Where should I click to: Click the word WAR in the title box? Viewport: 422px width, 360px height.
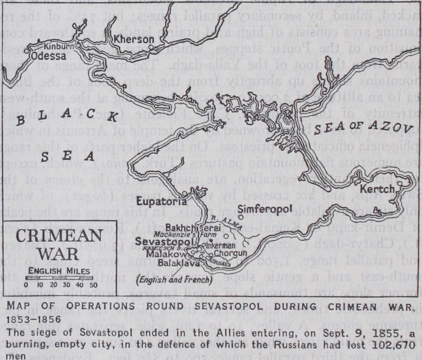(58, 253)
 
